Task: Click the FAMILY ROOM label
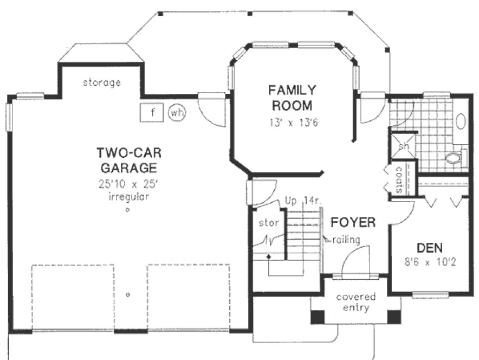pos(293,97)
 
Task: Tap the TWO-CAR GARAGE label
pos(127,159)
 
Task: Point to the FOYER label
pos(353,222)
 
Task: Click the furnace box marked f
pos(153,113)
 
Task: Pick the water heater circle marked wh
pos(177,113)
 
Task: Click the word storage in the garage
pos(101,83)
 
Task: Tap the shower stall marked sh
pos(403,147)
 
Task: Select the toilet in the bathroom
pos(453,158)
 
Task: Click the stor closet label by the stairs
pos(268,222)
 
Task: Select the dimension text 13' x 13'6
pos(293,123)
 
